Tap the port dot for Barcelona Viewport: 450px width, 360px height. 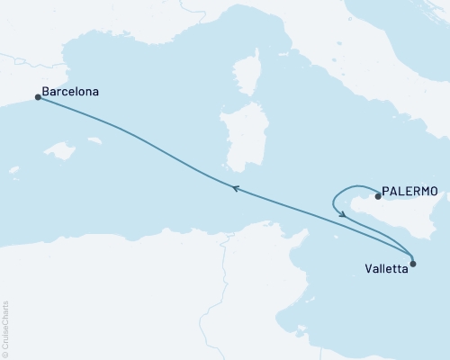(38, 97)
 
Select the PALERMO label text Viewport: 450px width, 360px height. (410, 191)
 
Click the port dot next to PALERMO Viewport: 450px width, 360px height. (377, 195)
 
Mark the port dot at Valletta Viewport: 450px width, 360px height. (413, 264)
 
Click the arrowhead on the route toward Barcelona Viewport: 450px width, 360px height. (235, 188)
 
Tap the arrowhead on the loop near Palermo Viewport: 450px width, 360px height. (343, 213)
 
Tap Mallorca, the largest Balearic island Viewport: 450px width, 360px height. (59, 150)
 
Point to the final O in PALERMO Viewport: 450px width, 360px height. (434, 191)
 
